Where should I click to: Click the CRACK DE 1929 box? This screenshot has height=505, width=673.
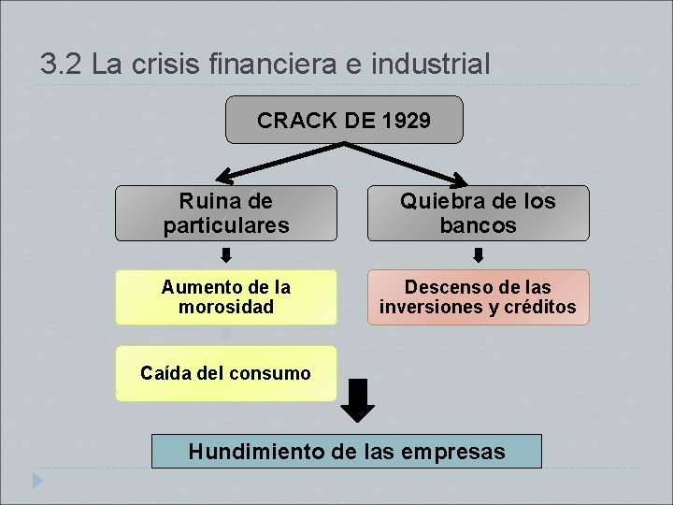pyautogui.click(x=344, y=120)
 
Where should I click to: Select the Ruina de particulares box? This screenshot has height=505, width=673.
pyautogui.click(x=226, y=213)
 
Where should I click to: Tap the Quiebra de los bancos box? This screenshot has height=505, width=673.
pyautogui.click(x=478, y=213)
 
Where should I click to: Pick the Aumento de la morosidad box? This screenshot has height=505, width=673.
pyautogui.click(x=226, y=297)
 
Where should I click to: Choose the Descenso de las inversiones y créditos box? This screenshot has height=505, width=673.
pyautogui.click(x=478, y=297)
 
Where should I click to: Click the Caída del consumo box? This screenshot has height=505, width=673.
pyautogui.click(x=225, y=373)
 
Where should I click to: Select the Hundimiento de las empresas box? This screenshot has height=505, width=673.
pyautogui.click(x=346, y=452)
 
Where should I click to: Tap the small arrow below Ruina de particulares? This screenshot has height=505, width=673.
pyautogui.click(x=226, y=255)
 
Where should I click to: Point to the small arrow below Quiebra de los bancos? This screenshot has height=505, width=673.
pyautogui.click(x=478, y=255)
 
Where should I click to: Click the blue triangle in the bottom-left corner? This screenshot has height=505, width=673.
pyautogui.click(x=36, y=481)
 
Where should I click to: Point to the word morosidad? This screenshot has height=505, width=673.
pyautogui.click(x=226, y=307)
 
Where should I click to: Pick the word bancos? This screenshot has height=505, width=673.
pyautogui.click(x=478, y=225)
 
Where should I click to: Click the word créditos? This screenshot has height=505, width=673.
pyautogui.click(x=539, y=307)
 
